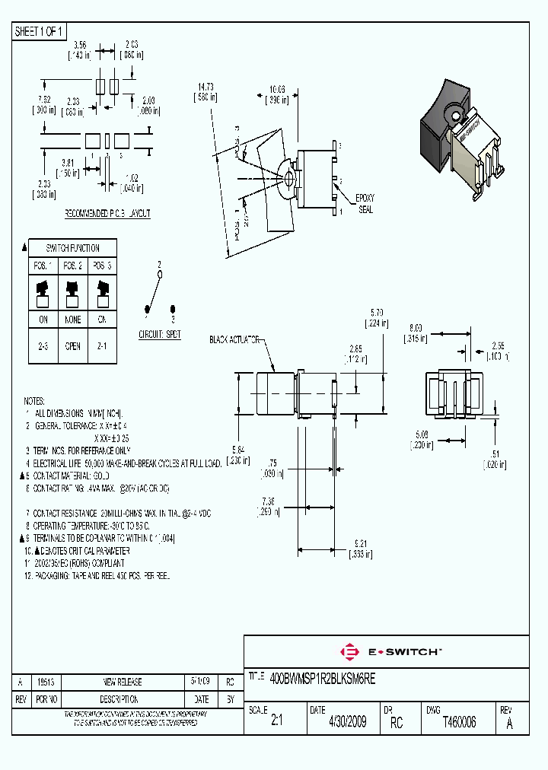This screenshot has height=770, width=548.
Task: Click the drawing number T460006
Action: click(x=459, y=722)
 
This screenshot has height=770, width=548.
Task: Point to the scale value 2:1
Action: click(x=276, y=722)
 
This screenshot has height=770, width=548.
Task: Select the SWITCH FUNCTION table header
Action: click(x=73, y=248)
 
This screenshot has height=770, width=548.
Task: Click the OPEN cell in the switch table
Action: click(x=73, y=346)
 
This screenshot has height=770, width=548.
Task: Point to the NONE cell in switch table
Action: click(x=73, y=320)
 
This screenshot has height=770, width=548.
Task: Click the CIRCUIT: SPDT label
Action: click(x=159, y=335)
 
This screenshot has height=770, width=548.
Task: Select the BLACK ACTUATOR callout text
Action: click(x=235, y=339)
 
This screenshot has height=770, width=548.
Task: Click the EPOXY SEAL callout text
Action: click(x=365, y=203)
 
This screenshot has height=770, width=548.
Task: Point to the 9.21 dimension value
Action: click(x=361, y=542)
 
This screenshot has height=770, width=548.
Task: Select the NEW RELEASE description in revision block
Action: click(x=123, y=682)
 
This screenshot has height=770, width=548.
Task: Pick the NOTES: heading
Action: click(x=34, y=400)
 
